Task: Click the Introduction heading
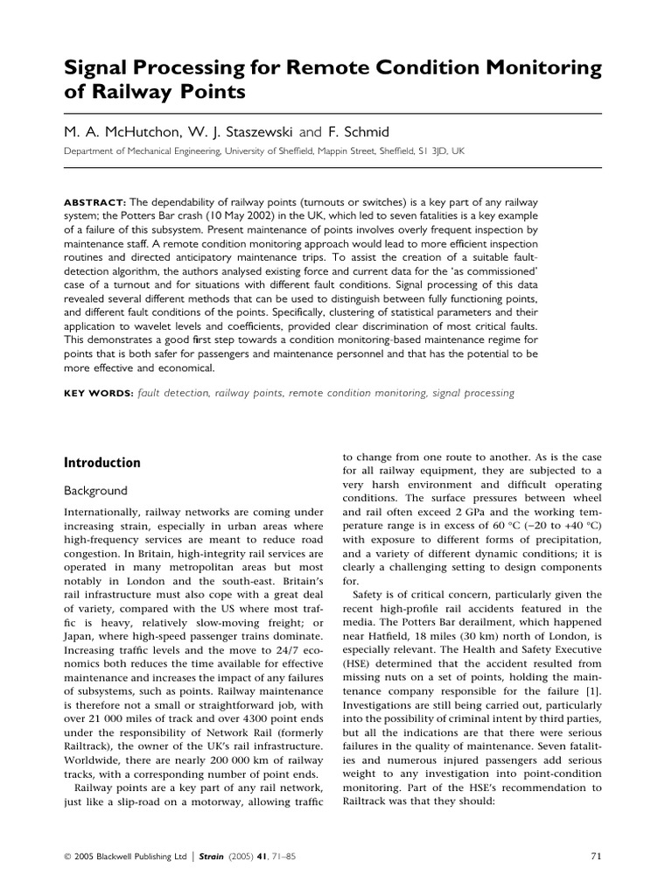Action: click(x=103, y=463)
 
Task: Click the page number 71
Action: click(x=596, y=857)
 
